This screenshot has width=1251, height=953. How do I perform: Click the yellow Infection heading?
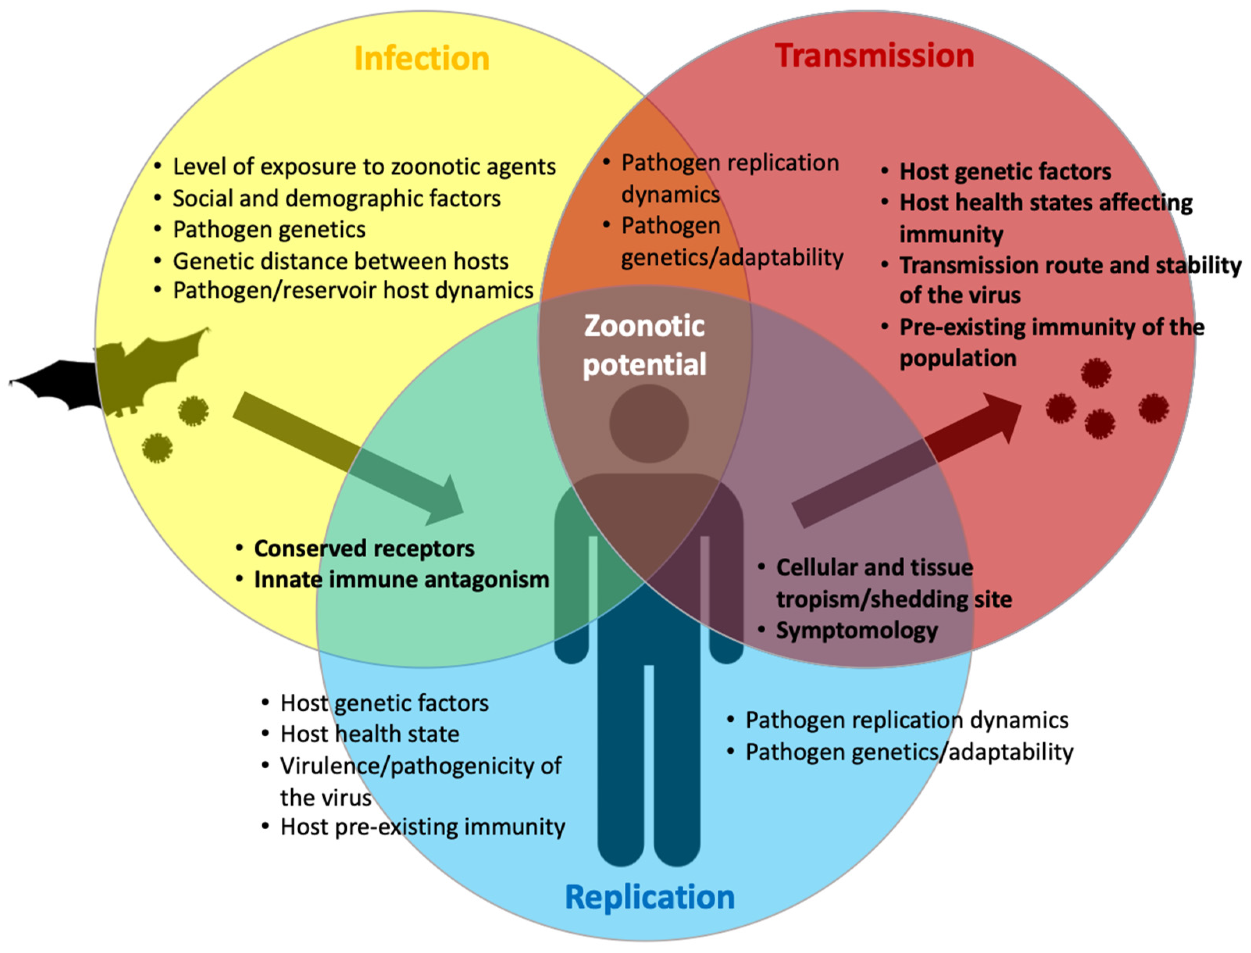click(421, 59)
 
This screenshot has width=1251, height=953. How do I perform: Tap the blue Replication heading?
click(650, 897)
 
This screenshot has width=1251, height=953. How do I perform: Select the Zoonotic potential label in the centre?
click(645, 345)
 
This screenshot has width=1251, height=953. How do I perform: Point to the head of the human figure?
click(649, 423)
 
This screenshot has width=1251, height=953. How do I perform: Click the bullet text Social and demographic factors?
click(336, 198)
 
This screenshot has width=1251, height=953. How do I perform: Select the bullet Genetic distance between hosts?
click(340, 262)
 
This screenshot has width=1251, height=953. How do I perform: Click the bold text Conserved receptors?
click(364, 548)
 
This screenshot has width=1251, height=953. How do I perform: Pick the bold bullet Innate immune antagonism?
click(401, 580)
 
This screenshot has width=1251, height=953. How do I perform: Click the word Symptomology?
click(856, 631)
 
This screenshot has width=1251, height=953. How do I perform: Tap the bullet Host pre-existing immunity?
click(422, 827)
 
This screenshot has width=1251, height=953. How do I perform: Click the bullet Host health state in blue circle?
click(369, 734)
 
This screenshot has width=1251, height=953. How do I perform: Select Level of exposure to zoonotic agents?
click(364, 167)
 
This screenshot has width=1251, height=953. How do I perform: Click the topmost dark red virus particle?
click(1096, 373)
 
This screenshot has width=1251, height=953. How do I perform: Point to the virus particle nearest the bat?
click(193, 411)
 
